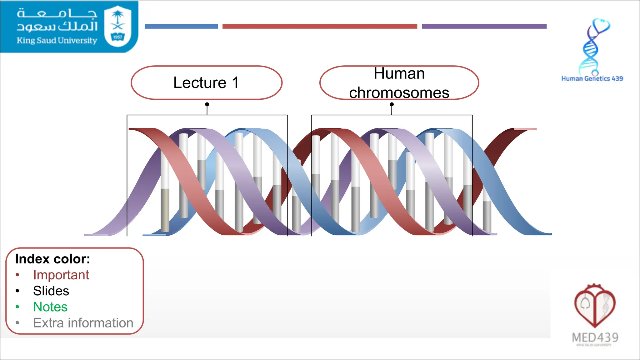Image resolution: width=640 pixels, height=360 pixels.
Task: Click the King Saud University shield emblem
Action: click(117, 26)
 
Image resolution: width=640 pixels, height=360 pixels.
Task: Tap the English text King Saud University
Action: click(57, 41)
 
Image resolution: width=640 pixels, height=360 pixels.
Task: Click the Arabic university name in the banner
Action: click(57, 20)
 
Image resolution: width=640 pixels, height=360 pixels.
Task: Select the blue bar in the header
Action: click(181, 27)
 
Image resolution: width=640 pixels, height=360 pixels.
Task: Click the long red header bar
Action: click(320, 27)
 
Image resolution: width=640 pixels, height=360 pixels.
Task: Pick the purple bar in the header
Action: click(484, 27)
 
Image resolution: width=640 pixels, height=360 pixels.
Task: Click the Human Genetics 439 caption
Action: click(592, 79)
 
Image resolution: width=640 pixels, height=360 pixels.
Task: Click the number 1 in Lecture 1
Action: click(235, 83)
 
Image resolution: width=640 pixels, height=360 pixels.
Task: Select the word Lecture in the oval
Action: click(200, 83)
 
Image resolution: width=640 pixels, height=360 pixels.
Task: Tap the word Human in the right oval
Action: click(399, 74)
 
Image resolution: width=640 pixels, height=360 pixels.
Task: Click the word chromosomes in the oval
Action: click(399, 93)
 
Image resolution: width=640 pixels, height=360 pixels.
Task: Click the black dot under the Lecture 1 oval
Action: click(207, 104)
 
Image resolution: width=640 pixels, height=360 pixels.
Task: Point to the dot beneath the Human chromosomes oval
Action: click(392, 104)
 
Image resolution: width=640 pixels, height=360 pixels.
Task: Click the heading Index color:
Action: click(52, 259)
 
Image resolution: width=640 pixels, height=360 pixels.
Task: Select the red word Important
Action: click(61, 275)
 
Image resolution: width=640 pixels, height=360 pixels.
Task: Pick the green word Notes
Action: click(50, 307)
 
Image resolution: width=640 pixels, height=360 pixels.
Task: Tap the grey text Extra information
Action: click(83, 323)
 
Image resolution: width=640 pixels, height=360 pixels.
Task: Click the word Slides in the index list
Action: click(51, 291)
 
